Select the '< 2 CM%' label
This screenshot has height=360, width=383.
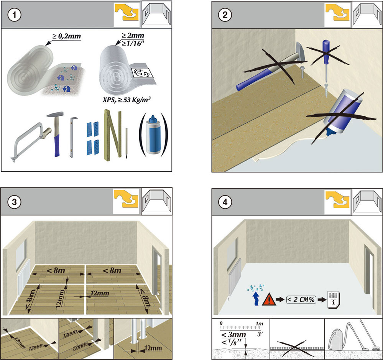pos(302,299)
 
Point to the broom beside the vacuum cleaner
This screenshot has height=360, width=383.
pos(368,337)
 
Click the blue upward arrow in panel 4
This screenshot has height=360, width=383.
pos(255,299)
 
